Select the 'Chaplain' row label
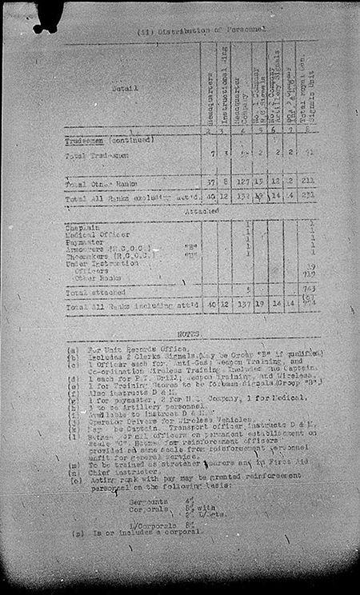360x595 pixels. coord(82,227)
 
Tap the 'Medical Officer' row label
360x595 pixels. coord(94,234)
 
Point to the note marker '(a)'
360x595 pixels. coord(73,349)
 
